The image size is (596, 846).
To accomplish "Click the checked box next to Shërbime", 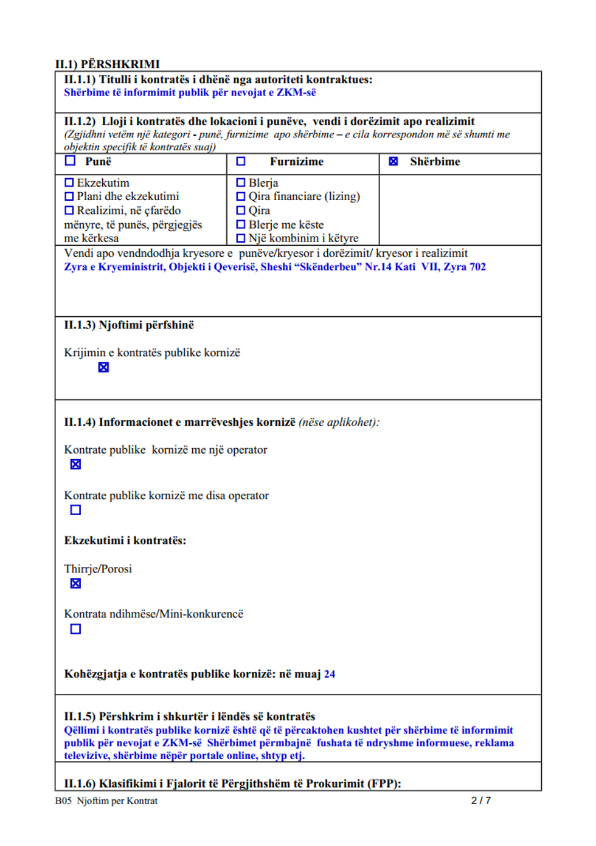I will point(393,161).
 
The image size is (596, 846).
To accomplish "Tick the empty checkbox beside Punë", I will point(71,161).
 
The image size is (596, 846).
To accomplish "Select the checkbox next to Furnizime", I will point(241,161).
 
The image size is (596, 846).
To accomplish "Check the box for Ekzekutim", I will point(69,182).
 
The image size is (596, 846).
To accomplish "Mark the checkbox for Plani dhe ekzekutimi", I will point(69,196).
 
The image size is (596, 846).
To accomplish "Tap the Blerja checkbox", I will point(241,182).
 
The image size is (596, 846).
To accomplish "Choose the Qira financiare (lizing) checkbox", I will point(241,196).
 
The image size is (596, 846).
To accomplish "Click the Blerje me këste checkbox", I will point(241,224).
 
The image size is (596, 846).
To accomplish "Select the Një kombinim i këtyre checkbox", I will point(241,238).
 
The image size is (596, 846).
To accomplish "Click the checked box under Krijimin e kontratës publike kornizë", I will point(103,367).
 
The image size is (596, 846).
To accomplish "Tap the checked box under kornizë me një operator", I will point(75,464).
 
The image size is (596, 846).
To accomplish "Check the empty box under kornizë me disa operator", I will point(75,510).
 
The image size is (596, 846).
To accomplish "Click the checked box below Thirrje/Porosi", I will point(75,583).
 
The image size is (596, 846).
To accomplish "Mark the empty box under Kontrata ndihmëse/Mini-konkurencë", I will point(75,629).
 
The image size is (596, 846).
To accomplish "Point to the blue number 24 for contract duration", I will point(330,674).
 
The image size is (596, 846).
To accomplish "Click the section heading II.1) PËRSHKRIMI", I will point(107,64).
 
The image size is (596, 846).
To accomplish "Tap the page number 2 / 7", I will point(480,800).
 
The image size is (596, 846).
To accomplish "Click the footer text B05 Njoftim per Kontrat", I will point(106,800).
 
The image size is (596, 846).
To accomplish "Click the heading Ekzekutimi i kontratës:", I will point(125,540).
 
